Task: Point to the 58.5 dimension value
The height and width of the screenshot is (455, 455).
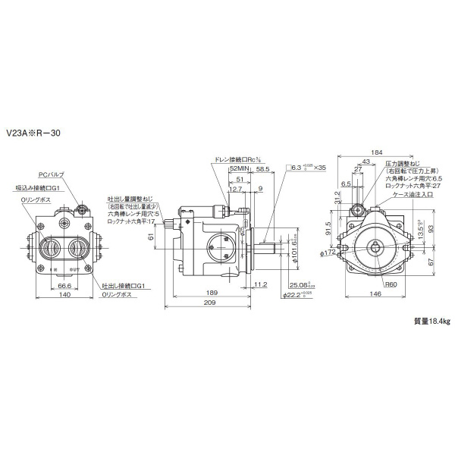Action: pyautogui.click(x=263, y=169)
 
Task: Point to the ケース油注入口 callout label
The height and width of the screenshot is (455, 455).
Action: pyautogui.click(x=412, y=193)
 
